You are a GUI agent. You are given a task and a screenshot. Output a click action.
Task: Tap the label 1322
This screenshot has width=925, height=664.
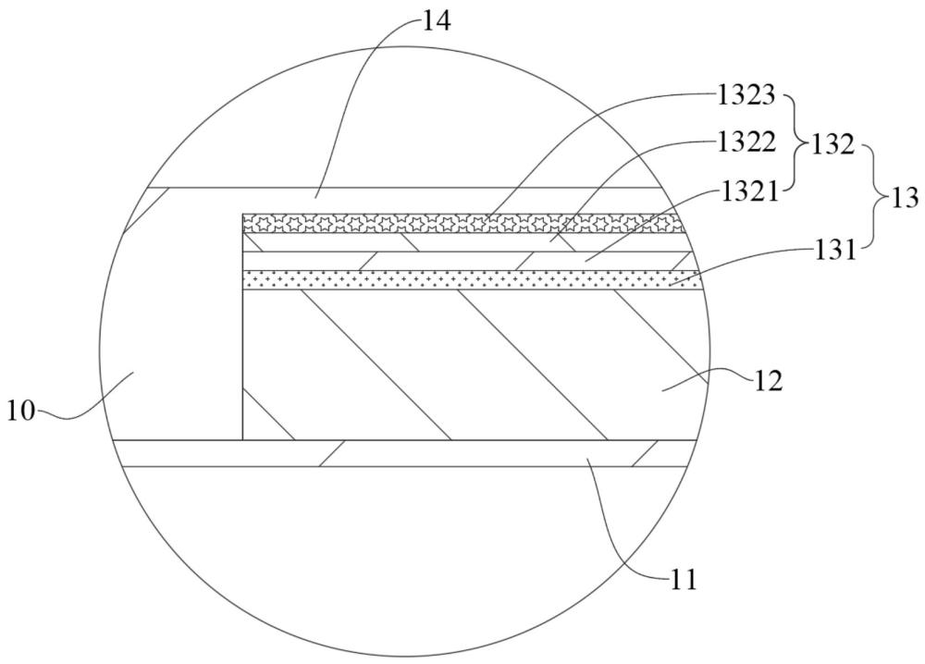[746, 142]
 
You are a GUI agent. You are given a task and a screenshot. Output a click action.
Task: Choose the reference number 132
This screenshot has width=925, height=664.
[832, 144]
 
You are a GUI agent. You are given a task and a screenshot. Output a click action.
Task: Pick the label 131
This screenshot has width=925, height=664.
[833, 251]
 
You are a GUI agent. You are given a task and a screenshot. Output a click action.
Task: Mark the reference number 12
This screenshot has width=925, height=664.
[767, 382]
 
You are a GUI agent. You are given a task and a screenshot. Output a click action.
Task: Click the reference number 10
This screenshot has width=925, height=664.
[21, 411]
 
